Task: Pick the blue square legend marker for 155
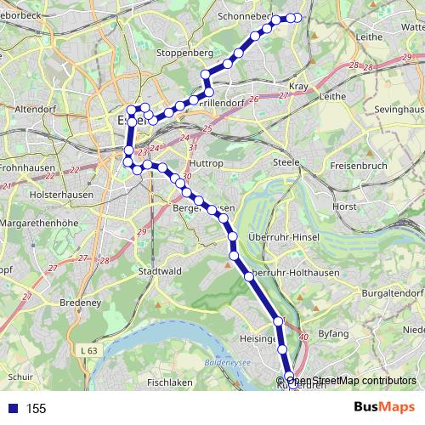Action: (x=10, y=409)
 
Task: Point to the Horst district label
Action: (x=345, y=206)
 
